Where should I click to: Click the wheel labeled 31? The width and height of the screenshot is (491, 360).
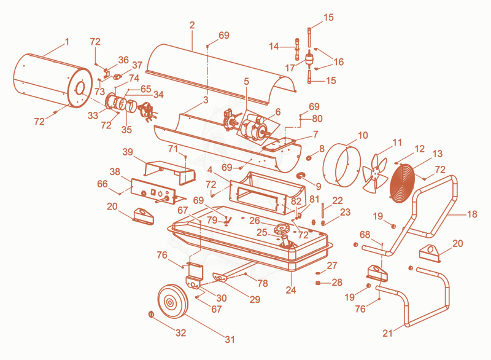tap(172, 301)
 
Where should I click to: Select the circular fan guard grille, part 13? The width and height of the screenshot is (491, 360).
tap(403, 183)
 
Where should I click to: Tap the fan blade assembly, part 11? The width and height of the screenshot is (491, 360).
tap(375, 173)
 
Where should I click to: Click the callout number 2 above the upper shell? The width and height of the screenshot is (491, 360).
tap(192, 25)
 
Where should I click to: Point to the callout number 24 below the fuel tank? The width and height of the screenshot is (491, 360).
tap(291, 290)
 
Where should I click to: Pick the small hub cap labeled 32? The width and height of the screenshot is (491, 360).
tap(151, 314)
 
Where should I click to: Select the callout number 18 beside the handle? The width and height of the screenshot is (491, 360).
tap(472, 214)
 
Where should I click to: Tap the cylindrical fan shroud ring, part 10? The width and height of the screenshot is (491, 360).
tap(342, 165)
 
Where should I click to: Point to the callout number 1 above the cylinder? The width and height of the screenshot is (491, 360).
tap(67, 42)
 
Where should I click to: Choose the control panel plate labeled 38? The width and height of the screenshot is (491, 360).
tap(153, 192)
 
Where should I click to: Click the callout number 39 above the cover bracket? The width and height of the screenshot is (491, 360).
tap(128, 152)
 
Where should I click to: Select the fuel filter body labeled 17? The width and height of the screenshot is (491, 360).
tap(309, 60)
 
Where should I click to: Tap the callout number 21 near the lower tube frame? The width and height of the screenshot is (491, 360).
tap(387, 333)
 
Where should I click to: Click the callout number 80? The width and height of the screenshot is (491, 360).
tap(317, 119)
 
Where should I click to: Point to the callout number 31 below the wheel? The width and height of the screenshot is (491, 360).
tap(230, 339)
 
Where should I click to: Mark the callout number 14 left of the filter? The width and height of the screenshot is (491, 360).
tap(274, 46)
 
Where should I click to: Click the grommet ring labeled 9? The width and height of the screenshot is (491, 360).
tap(302, 174)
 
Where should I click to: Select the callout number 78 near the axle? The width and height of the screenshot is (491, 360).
tap(263, 283)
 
